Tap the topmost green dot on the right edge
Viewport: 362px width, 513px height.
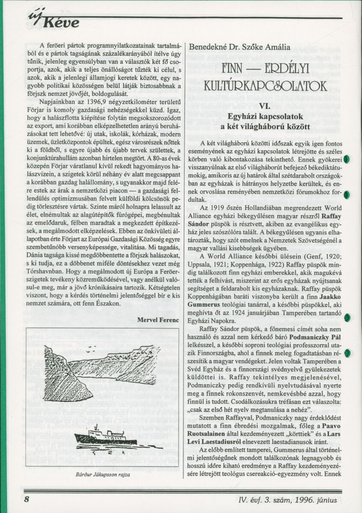pos(347,159)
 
